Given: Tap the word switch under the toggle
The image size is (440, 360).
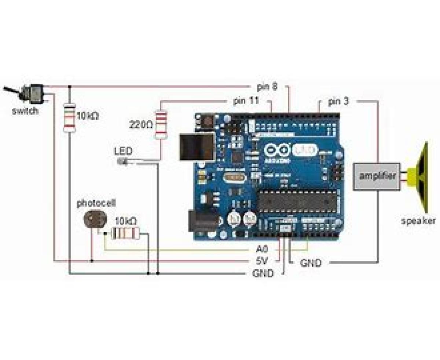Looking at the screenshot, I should click(25, 111).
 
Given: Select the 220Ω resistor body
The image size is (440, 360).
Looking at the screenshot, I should click(161, 125).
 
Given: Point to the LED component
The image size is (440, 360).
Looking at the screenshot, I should click(122, 161).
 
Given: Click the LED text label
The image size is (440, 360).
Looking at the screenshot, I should click(123, 151).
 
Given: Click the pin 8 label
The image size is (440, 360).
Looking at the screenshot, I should click(267, 87).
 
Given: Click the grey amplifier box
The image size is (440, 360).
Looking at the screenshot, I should click(377, 176).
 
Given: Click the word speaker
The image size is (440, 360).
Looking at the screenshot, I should click(418, 221).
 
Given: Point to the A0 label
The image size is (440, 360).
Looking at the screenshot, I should click(262, 250).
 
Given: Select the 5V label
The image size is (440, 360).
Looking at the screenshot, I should click(262, 261).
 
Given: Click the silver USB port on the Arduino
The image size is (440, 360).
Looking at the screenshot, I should click(196, 146).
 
